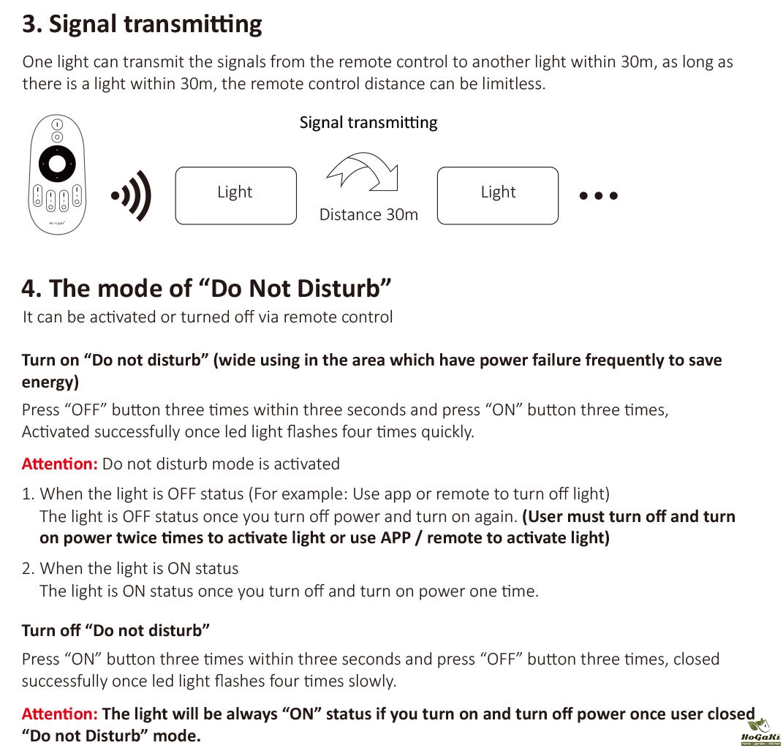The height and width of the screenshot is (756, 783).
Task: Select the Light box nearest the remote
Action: [x=235, y=195]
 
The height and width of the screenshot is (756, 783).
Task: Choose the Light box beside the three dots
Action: [x=497, y=195]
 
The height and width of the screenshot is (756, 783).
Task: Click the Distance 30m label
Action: [x=368, y=215]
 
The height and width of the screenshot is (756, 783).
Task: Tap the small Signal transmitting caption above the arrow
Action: [x=368, y=123]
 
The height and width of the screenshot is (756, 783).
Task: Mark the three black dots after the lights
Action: [x=598, y=196]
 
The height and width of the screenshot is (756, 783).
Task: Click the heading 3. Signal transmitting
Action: [x=142, y=25]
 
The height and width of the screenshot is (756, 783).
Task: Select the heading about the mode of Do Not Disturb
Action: [x=206, y=288]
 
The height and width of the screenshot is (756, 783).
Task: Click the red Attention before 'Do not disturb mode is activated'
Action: [x=59, y=464]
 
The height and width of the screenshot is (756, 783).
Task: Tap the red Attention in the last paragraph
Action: [x=59, y=714]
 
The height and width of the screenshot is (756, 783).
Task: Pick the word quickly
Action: [x=447, y=432]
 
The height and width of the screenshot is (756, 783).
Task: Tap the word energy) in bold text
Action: [x=50, y=382]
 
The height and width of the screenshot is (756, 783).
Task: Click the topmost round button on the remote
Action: [x=57, y=124]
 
